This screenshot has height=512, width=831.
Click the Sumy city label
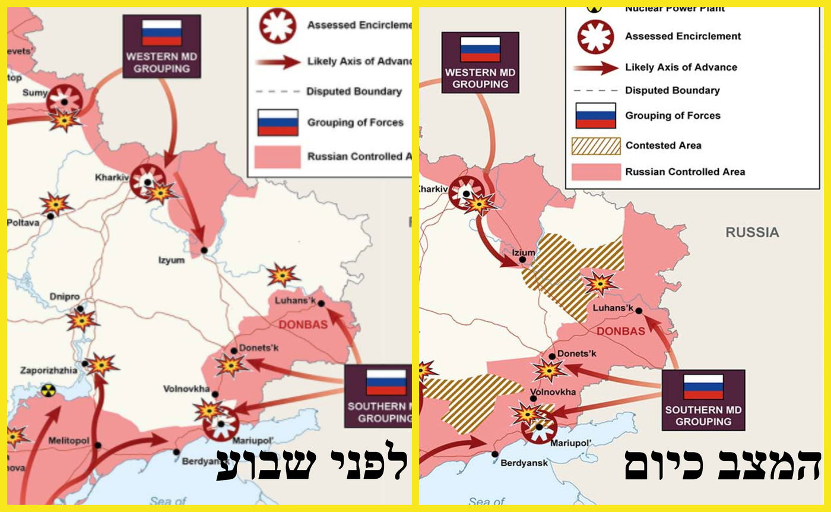click(x=34, y=93)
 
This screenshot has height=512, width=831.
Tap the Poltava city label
click(x=23, y=223)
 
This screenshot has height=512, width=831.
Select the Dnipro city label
click(x=65, y=297)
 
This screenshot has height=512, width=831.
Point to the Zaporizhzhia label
click(x=49, y=370)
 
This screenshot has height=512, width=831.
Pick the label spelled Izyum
click(x=171, y=260)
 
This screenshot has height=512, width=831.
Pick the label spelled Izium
click(x=523, y=252)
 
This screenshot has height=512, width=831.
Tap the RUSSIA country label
click(x=752, y=232)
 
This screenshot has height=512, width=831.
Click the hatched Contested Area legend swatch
click(x=595, y=146)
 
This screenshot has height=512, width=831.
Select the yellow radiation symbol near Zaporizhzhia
click(x=48, y=391)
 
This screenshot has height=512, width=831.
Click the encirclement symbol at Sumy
click(x=64, y=99)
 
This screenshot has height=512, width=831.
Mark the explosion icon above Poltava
click(x=55, y=204)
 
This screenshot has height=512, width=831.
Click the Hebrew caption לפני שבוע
click(x=312, y=464)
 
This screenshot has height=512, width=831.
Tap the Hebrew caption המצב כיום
click(x=722, y=464)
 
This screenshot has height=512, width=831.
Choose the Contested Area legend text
click(x=663, y=146)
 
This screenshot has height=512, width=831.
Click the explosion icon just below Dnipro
click(x=82, y=321)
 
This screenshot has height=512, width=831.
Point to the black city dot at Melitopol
click(x=98, y=445)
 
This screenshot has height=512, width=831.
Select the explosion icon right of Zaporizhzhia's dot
click(x=103, y=364)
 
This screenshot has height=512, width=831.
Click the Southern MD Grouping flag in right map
click(x=703, y=387)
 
